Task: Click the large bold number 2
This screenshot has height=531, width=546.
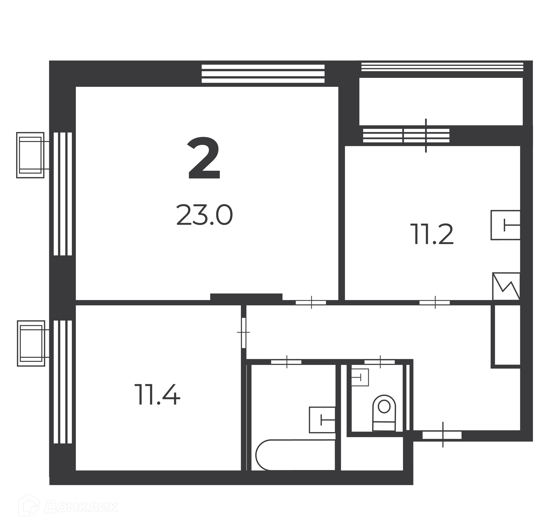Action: point(204,158)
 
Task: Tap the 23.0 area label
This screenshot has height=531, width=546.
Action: point(204,215)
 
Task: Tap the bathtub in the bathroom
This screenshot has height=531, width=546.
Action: point(295,459)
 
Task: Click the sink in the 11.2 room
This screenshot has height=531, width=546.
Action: point(505,225)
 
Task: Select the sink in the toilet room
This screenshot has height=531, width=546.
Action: point(360,377)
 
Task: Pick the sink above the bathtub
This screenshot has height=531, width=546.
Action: point(322,420)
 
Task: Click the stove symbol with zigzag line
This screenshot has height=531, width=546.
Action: point(506,286)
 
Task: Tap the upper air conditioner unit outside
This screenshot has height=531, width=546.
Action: point(30,155)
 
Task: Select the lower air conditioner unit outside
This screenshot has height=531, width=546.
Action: point(31,343)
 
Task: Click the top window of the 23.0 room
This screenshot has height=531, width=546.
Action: point(263,74)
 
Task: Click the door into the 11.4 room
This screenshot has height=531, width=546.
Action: point(243,332)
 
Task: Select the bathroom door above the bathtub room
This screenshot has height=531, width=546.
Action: point(286,362)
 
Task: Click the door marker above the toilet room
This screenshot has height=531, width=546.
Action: point(380,362)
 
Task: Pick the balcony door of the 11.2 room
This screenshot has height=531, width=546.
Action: point(426,135)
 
